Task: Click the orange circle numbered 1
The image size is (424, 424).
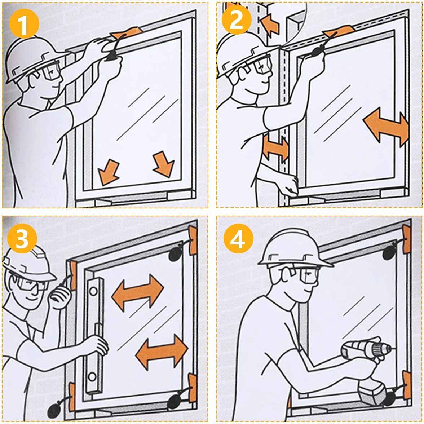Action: pos(24,24)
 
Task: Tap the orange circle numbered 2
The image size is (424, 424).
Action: pos(237,19)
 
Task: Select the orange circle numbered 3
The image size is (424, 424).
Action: pos(22,238)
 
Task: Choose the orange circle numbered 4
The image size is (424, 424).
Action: pos(238,238)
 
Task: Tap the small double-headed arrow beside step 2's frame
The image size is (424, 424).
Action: pos(276,148)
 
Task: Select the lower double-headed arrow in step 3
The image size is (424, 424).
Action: pos(162,352)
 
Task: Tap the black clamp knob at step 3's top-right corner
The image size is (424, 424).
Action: pos(175,254)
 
